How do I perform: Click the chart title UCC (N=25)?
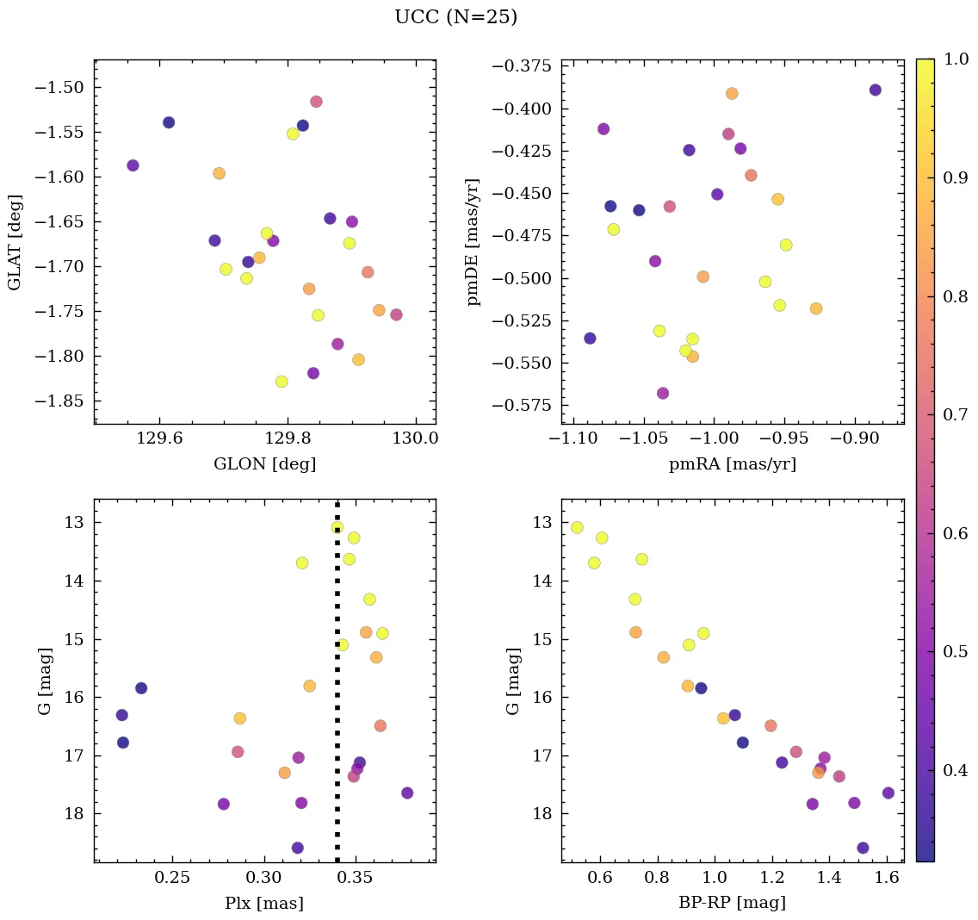click(x=455, y=17)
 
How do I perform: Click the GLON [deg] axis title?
click(x=264, y=464)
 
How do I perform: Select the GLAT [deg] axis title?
click(x=15, y=242)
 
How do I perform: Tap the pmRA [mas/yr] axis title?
click(x=732, y=464)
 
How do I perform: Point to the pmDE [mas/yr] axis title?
click(x=473, y=242)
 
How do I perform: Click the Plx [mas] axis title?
click(x=264, y=904)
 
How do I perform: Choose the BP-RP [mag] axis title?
click(x=732, y=904)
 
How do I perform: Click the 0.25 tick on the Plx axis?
click(x=172, y=879)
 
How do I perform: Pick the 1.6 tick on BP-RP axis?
click(x=886, y=879)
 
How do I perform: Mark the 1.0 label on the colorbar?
click(x=956, y=59)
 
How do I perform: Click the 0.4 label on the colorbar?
click(x=956, y=769)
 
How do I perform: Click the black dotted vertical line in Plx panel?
click(x=337, y=689)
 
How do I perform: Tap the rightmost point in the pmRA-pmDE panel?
click(x=875, y=90)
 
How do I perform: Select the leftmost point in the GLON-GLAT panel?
click(x=133, y=165)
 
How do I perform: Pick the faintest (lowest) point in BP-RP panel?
click(x=863, y=848)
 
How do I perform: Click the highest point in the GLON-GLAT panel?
click(x=316, y=102)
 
